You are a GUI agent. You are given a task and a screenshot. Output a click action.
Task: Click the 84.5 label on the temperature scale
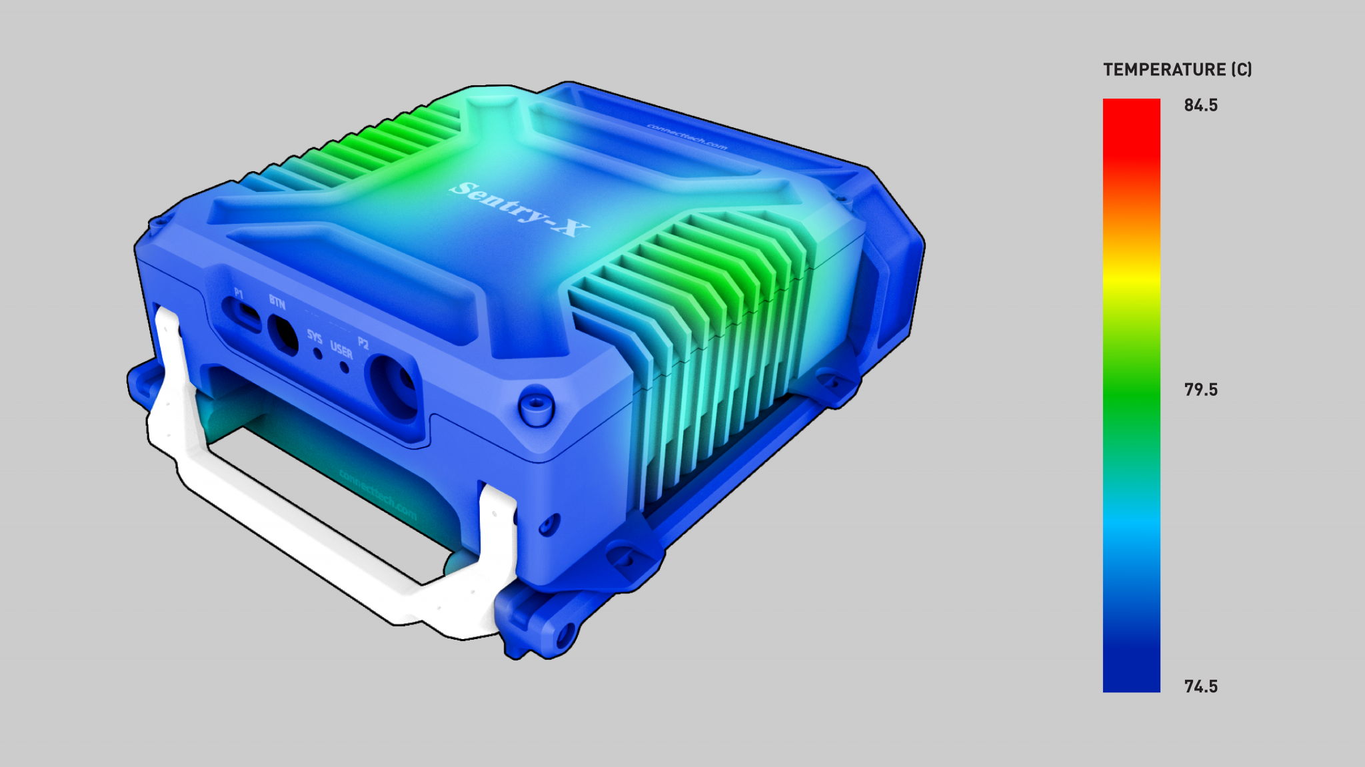point(1200,105)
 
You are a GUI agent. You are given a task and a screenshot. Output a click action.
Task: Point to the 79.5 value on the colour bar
point(1200,390)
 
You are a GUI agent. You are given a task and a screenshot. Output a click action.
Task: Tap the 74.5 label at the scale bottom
point(1200,686)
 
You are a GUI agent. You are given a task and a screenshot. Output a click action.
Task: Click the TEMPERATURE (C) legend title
point(1177,70)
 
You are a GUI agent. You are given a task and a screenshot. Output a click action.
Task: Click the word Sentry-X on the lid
point(519,209)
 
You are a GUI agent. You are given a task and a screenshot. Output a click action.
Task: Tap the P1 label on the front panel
point(239,293)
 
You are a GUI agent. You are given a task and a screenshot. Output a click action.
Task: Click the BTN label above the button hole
point(277,303)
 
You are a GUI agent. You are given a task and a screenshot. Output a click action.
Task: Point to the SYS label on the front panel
point(314,336)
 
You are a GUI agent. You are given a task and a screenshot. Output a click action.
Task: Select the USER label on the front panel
point(341,351)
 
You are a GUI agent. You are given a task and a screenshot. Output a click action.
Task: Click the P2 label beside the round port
point(363,343)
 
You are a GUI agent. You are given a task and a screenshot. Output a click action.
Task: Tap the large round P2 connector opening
point(395,386)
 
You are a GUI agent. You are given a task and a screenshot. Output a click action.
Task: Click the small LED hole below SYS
point(318,354)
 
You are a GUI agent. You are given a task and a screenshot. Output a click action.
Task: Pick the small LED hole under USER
point(345,367)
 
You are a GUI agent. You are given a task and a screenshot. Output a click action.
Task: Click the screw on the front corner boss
point(536,404)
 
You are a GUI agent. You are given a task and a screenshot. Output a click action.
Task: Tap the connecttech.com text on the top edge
point(687,137)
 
